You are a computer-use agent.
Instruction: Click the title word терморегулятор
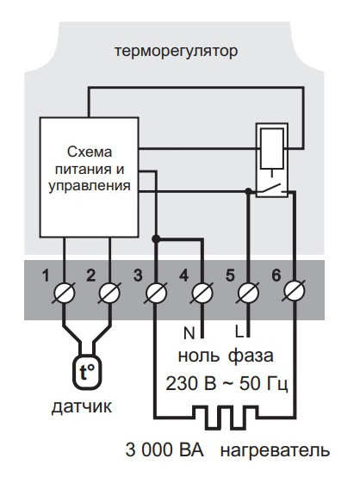click(x=176, y=52)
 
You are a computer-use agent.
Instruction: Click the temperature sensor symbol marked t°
click(x=87, y=371)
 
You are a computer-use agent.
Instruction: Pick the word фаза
click(x=252, y=355)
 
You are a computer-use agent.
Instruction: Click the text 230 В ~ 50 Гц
click(x=226, y=381)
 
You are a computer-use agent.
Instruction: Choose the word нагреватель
click(x=275, y=450)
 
